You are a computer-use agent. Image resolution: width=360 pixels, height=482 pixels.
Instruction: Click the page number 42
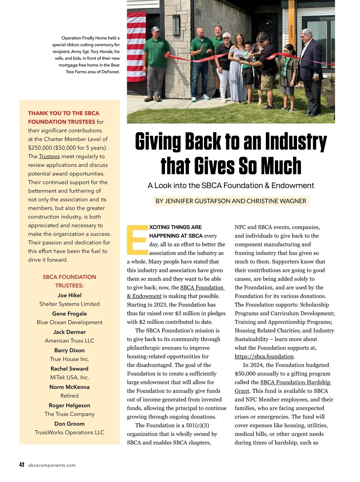click(22, 465)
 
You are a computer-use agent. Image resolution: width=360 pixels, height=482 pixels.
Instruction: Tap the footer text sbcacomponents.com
click(52, 465)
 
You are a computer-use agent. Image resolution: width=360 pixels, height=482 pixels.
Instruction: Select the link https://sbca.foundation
click(264, 357)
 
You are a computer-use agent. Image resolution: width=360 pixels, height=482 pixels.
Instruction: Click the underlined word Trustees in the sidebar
click(49, 156)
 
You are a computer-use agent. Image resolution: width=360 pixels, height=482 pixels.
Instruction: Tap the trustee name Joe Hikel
click(69, 295)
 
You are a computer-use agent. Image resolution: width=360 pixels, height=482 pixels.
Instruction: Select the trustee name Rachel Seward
click(69, 369)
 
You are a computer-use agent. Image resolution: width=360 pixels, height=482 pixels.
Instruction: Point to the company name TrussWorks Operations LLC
click(69, 432)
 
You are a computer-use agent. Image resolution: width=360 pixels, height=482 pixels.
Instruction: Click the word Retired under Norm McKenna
click(69, 396)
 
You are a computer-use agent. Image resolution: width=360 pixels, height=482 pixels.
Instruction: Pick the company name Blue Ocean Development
click(69, 322)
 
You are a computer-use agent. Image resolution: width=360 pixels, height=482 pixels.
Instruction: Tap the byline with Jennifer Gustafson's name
click(231, 201)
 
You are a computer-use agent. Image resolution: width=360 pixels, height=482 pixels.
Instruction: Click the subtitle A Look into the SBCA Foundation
click(231, 185)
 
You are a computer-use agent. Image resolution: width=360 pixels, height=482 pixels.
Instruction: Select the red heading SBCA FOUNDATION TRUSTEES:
click(69, 281)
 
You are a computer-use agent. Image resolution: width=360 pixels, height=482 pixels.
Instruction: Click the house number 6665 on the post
click(291, 31)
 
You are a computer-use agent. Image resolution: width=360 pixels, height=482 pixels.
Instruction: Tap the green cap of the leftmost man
click(155, 29)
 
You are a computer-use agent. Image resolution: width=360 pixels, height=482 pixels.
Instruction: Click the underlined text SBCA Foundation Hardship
click(295, 382)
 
